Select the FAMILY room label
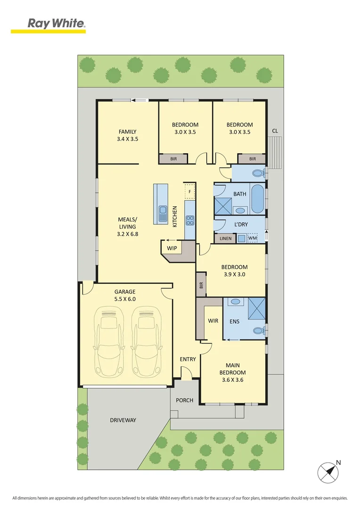coord(127,135)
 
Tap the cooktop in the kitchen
coord(190,221)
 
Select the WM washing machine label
coord(253,238)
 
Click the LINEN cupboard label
coord(225,238)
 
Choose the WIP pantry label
coord(171,247)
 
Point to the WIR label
coord(213,320)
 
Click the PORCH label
coord(185,400)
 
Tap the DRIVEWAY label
coord(123,420)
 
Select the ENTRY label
coord(188,360)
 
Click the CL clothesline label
coord(275,131)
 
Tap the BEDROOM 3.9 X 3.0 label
coord(234,270)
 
